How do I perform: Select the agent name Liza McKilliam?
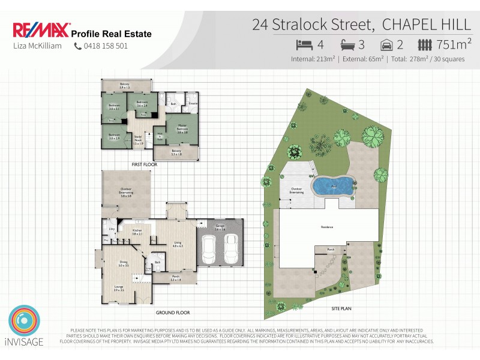[x=37, y=46]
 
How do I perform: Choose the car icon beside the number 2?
[x=388, y=44]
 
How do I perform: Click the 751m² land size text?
[x=455, y=44]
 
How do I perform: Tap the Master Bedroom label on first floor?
[x=182, y=128]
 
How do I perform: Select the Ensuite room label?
[x=193, y=104]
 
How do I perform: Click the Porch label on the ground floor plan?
[x=176, y=278]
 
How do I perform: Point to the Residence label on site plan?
[x=327, y=227]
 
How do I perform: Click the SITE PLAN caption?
[x=341, y=308]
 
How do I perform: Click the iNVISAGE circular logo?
[x=24, y=322]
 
